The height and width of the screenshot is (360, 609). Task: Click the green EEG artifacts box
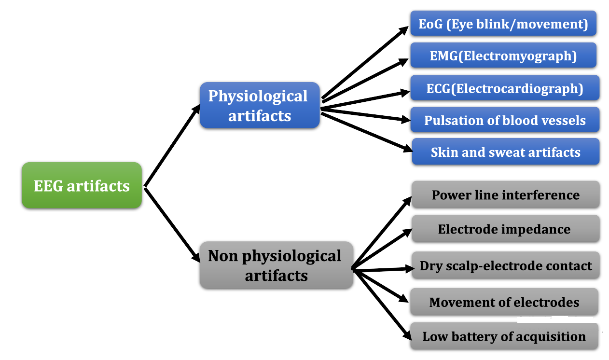[x=82, y=185]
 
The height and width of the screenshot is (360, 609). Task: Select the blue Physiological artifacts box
[x=260, y=105]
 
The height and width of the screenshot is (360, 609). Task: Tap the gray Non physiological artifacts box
[x=277, y=265]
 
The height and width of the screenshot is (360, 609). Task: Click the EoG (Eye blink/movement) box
[x=503, y=23]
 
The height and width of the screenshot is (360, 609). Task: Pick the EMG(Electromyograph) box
[x=503, y=55]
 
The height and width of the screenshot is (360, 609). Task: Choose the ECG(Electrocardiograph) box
[x=505, y=88]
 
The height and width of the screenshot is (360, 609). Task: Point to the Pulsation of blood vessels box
[x=505, y=120]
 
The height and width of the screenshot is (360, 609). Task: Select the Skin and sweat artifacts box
[x=506, y=152]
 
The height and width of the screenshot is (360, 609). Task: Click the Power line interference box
[x=506, y=194]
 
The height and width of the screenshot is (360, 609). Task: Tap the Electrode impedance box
[x=506, y=229]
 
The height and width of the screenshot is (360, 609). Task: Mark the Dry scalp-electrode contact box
[x=506, y=265]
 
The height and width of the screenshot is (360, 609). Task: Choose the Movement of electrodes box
[x=504, y=302]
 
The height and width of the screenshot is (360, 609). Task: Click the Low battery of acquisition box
[x=504, y=336]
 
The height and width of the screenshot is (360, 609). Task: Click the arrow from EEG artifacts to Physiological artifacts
[x=172, y=146]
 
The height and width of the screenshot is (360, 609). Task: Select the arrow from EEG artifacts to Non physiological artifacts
[x=172, y=224]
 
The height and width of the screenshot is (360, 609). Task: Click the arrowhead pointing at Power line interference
[x=407, y=201]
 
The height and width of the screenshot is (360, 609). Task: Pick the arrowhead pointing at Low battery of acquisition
[x=406, y=335]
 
